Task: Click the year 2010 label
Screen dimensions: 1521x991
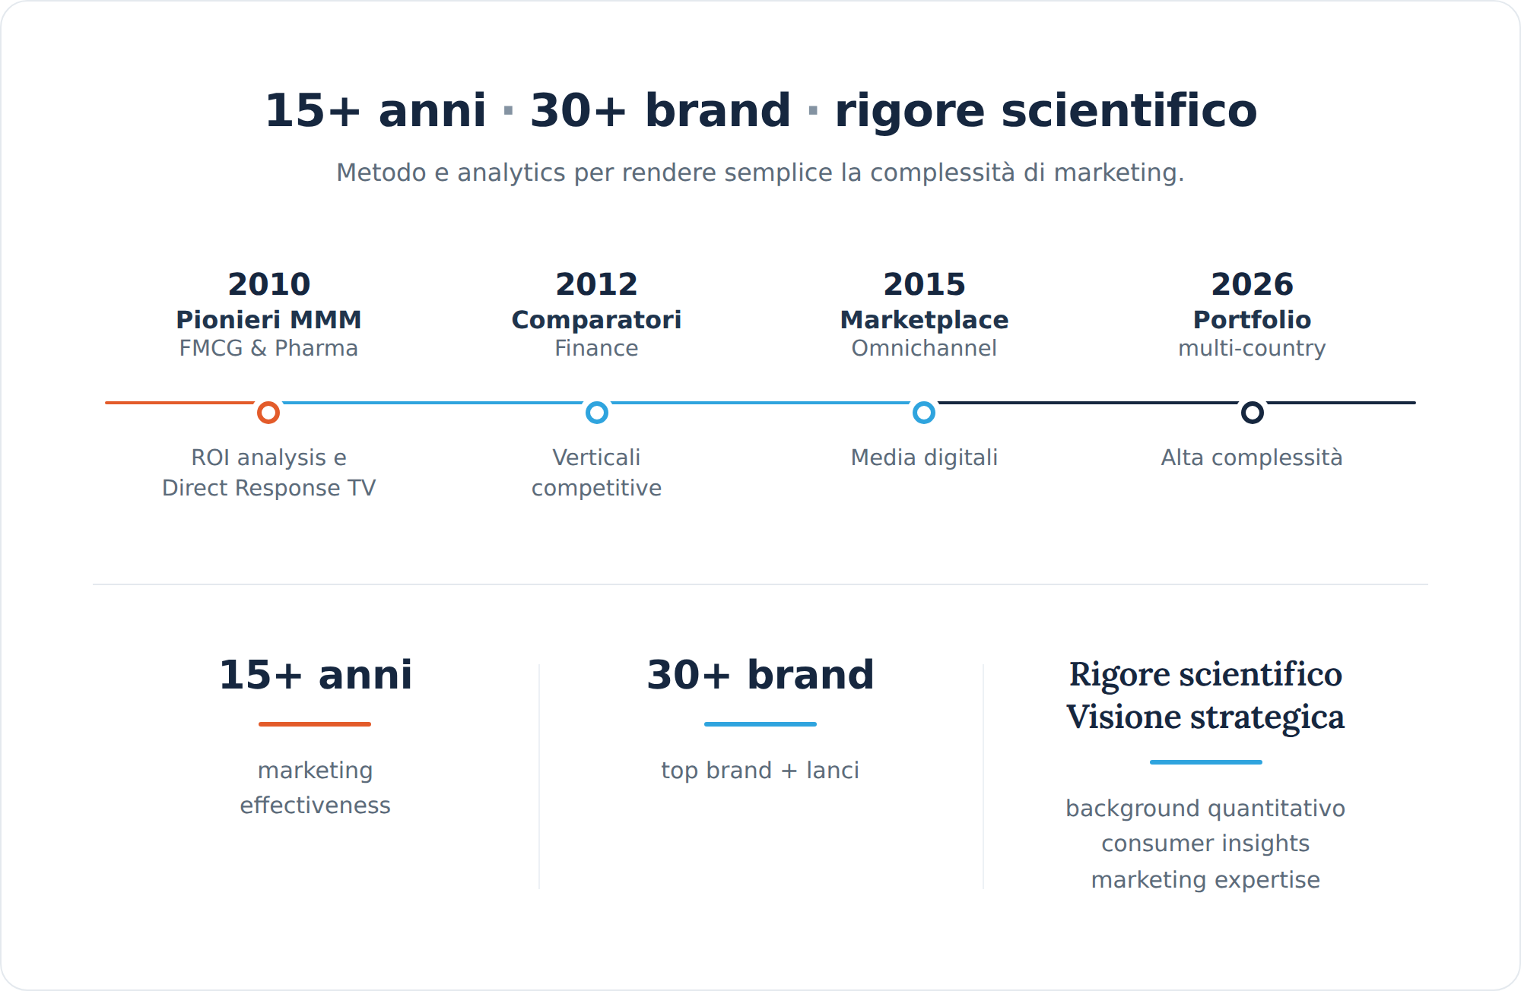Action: pos(269,284)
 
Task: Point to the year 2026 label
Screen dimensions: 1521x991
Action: pos(1252,284)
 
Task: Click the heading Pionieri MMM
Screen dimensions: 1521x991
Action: pos(268,320)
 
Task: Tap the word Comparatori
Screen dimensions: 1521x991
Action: pos(596,320)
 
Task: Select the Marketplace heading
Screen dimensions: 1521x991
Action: pos(924,320)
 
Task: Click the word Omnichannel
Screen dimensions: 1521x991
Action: pos(924,348)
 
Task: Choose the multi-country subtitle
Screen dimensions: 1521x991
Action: pos(1252,348)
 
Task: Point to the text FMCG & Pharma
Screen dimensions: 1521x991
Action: pos(268,348)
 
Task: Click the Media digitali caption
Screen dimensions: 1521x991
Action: pos(924,458)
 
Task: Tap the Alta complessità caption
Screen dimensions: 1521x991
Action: pos(1252,458)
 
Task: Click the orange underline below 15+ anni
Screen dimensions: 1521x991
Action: pos(315,724)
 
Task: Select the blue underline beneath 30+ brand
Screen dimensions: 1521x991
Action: pos(760,724)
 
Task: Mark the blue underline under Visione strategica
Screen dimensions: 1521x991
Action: pos(1206,762)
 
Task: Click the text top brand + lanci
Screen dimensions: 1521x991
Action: pos(760,771)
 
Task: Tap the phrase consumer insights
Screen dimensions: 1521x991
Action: pos(1205,844)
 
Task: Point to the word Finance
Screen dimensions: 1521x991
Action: pos(596,348)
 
